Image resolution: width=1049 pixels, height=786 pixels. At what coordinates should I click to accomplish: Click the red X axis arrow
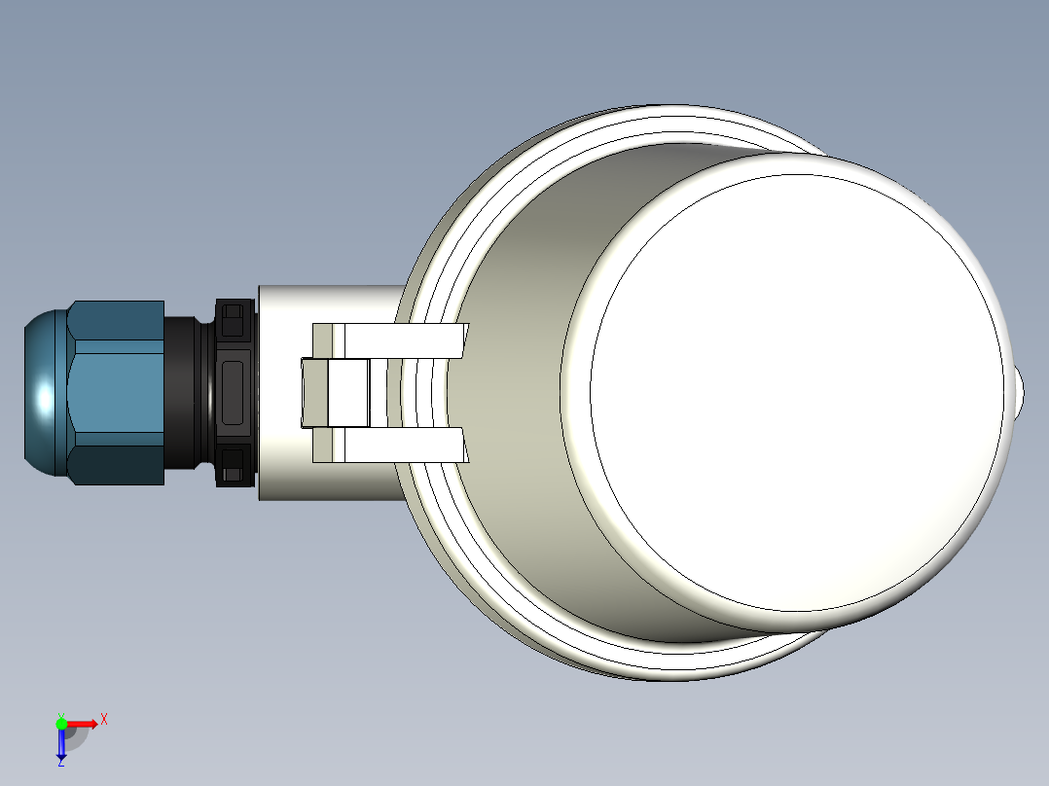coord(83,724)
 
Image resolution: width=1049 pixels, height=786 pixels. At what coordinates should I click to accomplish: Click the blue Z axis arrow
coord(61,745)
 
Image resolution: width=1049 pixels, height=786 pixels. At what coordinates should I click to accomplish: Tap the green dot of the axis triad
coord(61,723)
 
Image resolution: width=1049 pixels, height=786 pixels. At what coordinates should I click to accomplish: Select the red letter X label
coord(104,720)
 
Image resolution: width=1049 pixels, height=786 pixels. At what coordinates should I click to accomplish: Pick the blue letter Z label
coord(60,764)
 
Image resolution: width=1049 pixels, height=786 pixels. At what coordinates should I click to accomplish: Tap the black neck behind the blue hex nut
coord(185,393)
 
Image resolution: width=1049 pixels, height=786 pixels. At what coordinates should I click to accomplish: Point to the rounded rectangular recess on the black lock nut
coord(234,393)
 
